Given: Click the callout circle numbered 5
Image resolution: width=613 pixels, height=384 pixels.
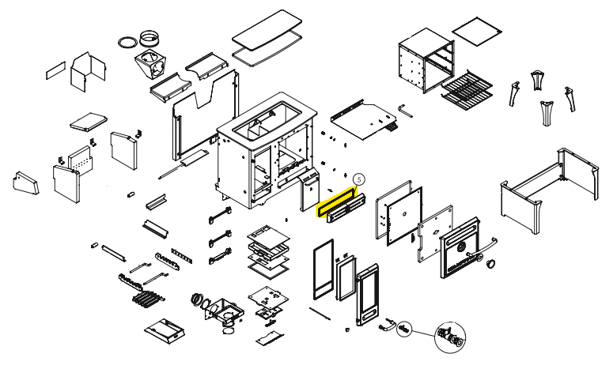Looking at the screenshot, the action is [358, 179].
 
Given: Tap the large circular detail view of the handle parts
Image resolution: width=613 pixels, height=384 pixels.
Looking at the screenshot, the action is [450, 337].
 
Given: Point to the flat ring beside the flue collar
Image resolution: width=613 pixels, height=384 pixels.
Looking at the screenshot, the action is [127, 42].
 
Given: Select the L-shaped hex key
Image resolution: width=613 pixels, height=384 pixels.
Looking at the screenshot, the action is [405, 110].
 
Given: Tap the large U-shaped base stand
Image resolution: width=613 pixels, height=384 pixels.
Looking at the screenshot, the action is [549, 191].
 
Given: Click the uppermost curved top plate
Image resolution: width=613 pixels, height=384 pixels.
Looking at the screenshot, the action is [267, 29].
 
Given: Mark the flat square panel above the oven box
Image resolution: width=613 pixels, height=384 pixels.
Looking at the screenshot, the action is [477, 31].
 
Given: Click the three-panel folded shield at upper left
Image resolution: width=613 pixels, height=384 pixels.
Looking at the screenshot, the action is [88, 72].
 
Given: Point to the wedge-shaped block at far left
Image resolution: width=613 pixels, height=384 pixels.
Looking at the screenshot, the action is [26, 183].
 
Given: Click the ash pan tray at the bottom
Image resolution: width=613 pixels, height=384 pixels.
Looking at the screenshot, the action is [165, 332].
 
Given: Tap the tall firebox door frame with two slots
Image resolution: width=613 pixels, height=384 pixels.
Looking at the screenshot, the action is [367, 295].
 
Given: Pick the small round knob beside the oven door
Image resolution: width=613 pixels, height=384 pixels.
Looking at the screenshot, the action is [491, 263].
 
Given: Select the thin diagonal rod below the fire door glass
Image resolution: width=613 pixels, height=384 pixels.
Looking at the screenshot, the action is [320, 314].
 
